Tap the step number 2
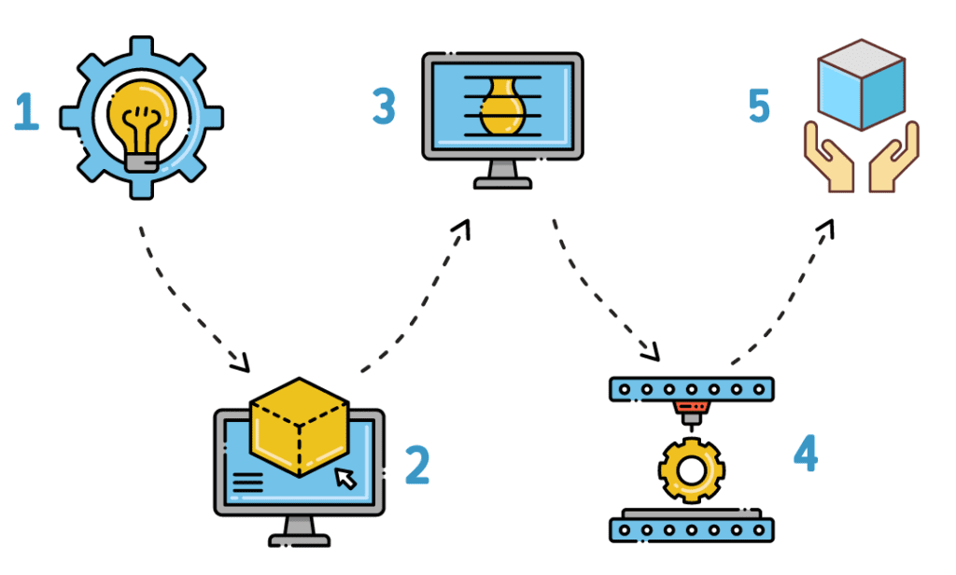pyautogui.click(x=417, y=464)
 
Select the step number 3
pyautogui.click(x=383, y=107)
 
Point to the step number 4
pyautogui.click(x=805, y=455)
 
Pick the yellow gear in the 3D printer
pyautogui.click(x=691, y=470)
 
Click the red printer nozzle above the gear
pyautogui.click(x=691, y=409)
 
